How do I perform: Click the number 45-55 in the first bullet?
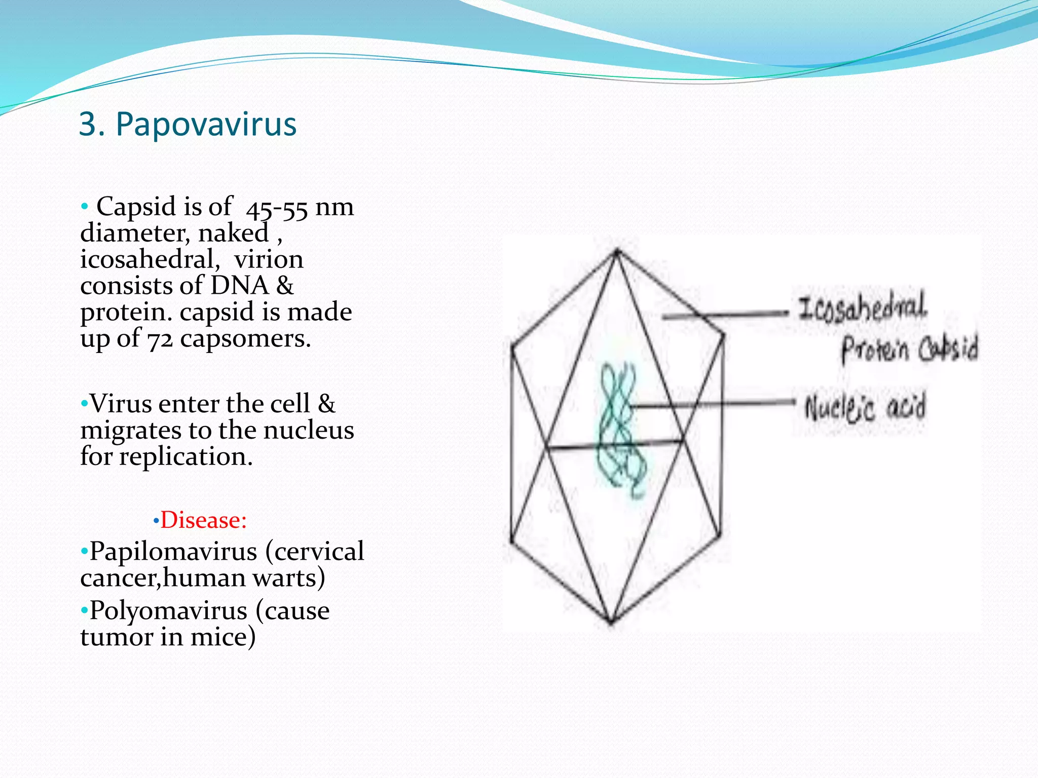click(277, 208)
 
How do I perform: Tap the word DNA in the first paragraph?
click(239, 285)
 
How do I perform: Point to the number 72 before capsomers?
click(160, 338)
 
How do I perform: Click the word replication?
click(186, 457)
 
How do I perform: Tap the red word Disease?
click(203, 520)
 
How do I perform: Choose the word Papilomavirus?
click(173, 551)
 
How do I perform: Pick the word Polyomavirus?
click(168, 610)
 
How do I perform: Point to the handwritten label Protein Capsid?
click(909, 349)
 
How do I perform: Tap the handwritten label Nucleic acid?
click(865, 407)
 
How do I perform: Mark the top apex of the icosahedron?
click(617, 251)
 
